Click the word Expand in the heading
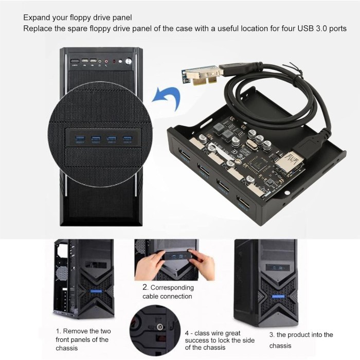36,18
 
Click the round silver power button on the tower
129,61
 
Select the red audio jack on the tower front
106,62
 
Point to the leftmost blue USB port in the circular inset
80,139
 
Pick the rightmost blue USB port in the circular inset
128,138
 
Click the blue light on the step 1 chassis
96,291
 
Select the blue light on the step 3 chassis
278,296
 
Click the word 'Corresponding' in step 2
172,287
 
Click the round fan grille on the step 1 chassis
62,274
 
